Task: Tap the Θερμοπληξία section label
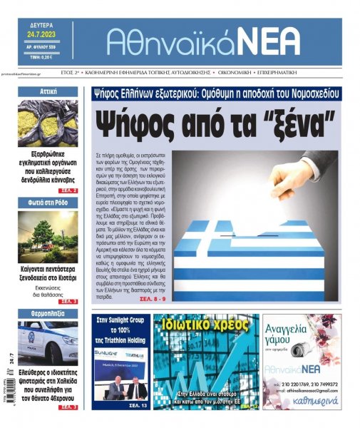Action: point(48,313)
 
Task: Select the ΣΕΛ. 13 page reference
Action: point(138,405)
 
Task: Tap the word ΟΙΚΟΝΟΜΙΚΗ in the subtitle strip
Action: point(253,72)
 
